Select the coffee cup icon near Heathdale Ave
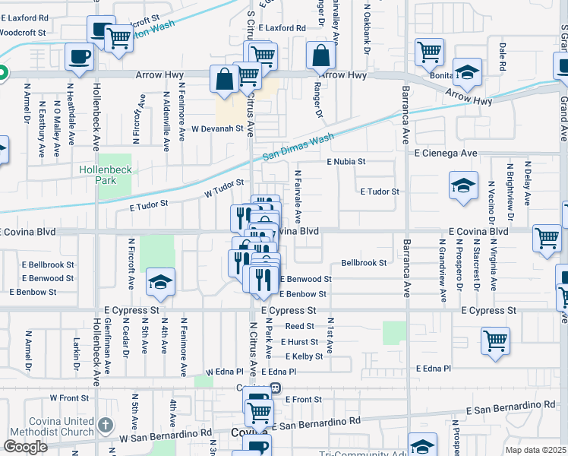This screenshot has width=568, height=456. (79, 56)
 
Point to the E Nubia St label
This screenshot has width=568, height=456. (346, 162)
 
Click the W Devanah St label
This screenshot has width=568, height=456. (216, 128)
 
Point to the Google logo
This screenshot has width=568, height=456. (25, 447)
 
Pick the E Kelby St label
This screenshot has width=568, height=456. (304, 356)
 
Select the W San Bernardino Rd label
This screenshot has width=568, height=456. (165, 434)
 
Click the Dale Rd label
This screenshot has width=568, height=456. (502, 56)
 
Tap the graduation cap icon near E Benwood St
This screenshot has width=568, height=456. (160, 283)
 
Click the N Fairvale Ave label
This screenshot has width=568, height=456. (298, 196)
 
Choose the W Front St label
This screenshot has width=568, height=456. (69, 397)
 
